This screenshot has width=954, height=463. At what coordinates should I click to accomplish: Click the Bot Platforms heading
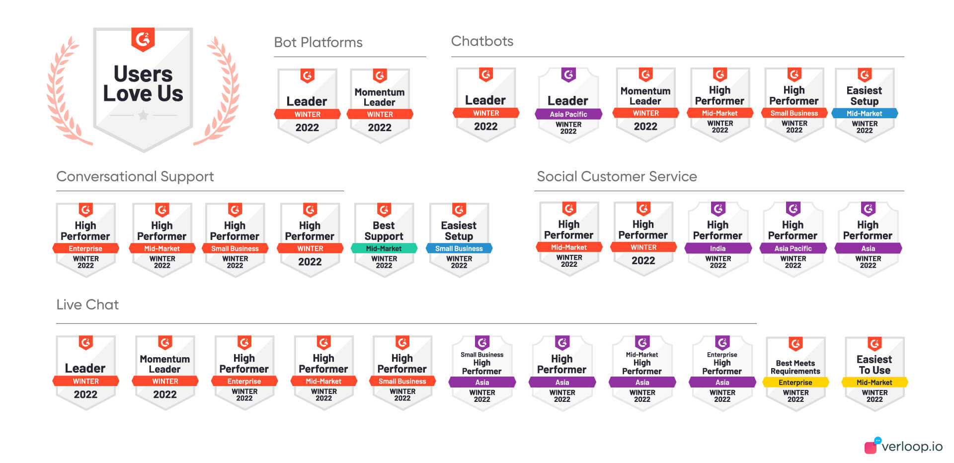coord(318,42)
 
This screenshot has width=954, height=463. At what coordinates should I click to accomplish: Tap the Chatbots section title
coord(482,41)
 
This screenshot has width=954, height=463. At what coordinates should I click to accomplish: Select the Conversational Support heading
coord(135,176)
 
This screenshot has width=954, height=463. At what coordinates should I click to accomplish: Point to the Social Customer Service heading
coord(617,176)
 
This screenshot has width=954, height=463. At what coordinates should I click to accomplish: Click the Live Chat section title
coord(87,305)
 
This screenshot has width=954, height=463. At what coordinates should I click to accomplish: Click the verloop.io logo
coord(904,446)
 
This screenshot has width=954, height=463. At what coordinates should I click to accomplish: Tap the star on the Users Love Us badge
coord(143,116)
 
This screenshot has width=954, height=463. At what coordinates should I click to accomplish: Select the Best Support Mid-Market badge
coord(384,239)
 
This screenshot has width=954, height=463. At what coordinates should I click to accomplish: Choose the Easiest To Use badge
coord(874,373)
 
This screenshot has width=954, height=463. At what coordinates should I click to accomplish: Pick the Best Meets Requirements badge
coord(795,373)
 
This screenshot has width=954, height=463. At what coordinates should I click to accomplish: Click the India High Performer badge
coord(717,239)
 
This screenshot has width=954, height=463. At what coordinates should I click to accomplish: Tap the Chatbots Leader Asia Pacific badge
coord(568,105)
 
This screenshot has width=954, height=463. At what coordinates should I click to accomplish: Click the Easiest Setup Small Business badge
coord(459,239)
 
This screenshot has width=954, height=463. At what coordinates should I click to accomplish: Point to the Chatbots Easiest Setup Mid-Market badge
coord(864,105)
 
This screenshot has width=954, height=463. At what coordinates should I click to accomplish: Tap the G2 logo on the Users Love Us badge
coord(143,39)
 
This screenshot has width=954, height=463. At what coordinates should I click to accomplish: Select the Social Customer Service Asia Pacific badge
coord(793,239)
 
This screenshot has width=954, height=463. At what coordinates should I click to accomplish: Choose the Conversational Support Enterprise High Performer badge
coord(85,239)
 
